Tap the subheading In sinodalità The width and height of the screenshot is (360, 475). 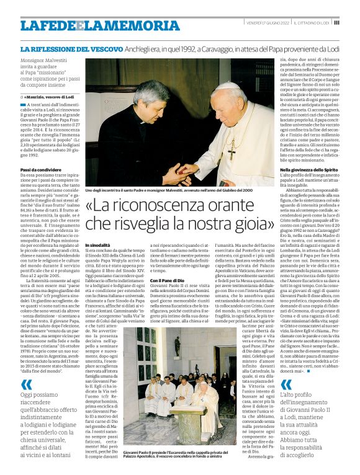(99, 246)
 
